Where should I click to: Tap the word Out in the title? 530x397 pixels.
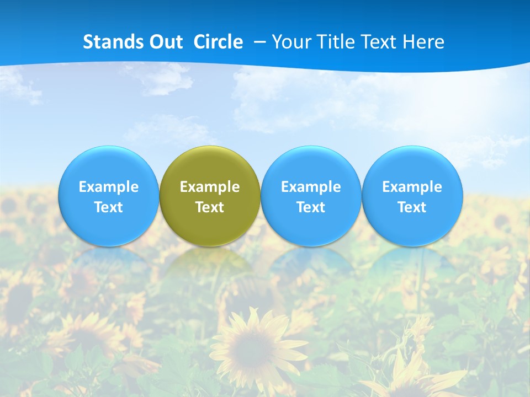163,42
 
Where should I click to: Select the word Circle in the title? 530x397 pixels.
218,42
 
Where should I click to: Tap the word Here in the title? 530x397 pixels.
424,42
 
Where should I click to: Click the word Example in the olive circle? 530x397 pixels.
210,187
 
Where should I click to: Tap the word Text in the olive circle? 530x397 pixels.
210,207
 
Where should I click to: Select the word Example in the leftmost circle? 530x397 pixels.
108,187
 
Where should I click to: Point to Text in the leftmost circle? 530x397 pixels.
108,207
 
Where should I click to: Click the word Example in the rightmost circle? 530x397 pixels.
412,187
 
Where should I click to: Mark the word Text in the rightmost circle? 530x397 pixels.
412,207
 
